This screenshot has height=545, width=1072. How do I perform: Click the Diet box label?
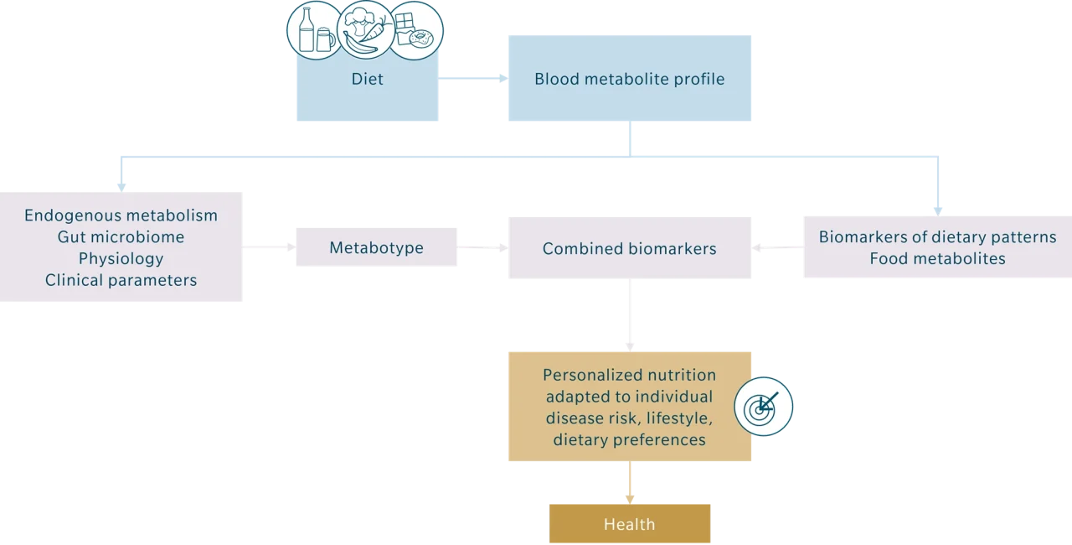tap(368, 80)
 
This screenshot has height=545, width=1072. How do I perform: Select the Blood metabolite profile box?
tap(629, 80)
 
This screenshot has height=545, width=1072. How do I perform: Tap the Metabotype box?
tap(376, 248)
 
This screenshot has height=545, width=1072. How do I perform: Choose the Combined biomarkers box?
tap(629, 248)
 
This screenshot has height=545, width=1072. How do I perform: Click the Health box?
tap(629, 525)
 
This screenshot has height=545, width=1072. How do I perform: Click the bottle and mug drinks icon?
tap(315, 30)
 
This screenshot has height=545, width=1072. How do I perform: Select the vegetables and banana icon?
tap(366, 30)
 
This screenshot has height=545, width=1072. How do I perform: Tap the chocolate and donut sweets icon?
tap(416, 32)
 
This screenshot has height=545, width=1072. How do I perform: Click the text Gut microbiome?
tap(121, 237)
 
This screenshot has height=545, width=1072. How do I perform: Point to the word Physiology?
tap(121, 258)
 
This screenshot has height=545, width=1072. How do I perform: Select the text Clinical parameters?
tap(121, 280)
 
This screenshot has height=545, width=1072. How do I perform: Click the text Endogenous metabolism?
tap(121, 215)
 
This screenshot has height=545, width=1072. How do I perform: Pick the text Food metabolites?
tap(937, 258)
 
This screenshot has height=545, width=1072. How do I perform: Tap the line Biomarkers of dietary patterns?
tap(937, 237)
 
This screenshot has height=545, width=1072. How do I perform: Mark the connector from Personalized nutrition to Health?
tap(629, 482)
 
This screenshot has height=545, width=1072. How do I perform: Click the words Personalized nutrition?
tap(629, 375)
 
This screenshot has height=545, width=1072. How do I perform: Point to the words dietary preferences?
tap(629, 439)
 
